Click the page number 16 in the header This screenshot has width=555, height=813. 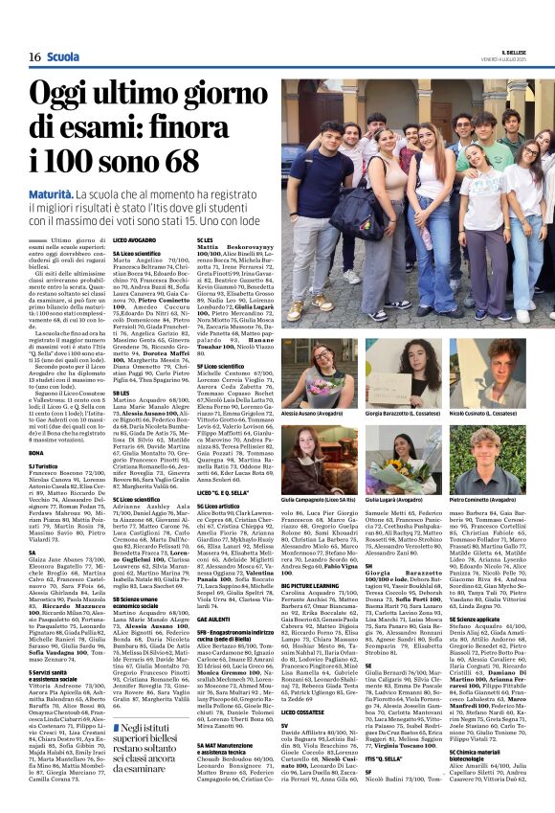(x=33, y=57)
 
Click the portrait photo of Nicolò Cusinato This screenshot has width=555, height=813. (x=487, y=374)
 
